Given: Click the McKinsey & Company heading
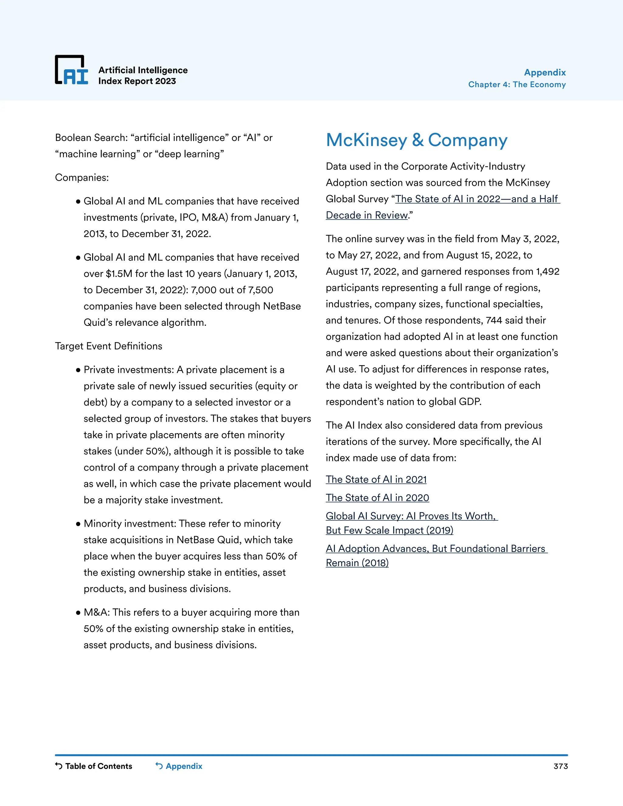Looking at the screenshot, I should [416, 140].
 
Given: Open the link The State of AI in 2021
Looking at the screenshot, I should [376, 479].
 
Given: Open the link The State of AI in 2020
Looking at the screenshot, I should [377, 498].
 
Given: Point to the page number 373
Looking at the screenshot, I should [560, 766].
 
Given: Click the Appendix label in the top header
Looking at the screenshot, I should [545, 72].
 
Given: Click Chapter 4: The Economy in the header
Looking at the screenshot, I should [517, 85].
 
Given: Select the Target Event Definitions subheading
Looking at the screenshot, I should [109, 346].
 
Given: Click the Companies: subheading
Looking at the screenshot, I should [82, 178].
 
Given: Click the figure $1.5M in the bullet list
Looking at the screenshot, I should [119, 274].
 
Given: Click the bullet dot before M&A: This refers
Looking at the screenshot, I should [78, 613].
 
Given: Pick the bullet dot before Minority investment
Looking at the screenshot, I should [78, 524].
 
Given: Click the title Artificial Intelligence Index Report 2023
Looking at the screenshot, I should [143, 76].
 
